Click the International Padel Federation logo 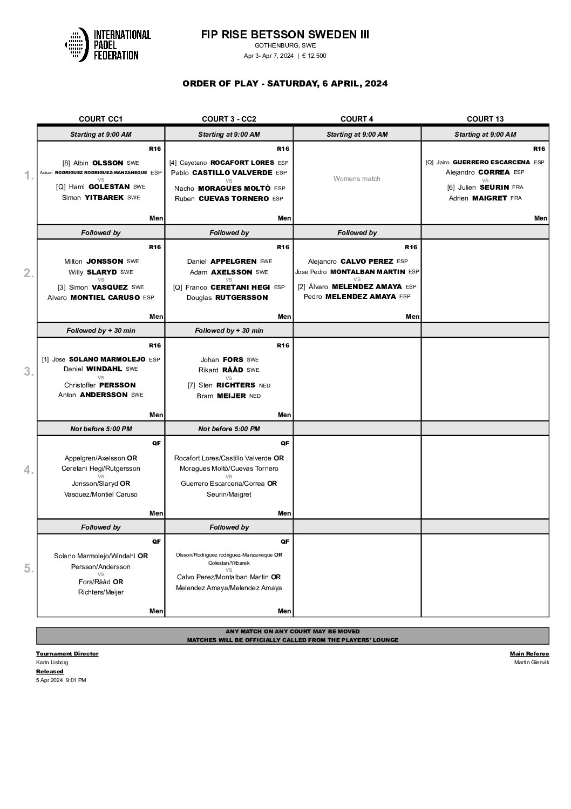click(107, 44)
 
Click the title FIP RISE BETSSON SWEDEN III click(285, 35)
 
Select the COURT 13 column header click(485, 119)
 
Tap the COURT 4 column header click(357, 119)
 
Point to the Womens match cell click(357, 179)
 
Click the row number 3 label click(29, 371)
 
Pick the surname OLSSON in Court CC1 click(108, 163)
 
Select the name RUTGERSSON click(241, 297)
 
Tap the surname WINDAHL click(104, 369)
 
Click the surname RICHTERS click(235, 385)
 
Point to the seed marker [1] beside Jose click(46, 359)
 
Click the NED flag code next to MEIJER click(255, 396)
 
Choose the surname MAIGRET click(490, 198)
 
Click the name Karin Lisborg click(52, 662)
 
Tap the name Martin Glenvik click(532, 662)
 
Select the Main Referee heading click(529, 653)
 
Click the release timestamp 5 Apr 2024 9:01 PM click(61, 680)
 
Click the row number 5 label click(29, 569)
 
